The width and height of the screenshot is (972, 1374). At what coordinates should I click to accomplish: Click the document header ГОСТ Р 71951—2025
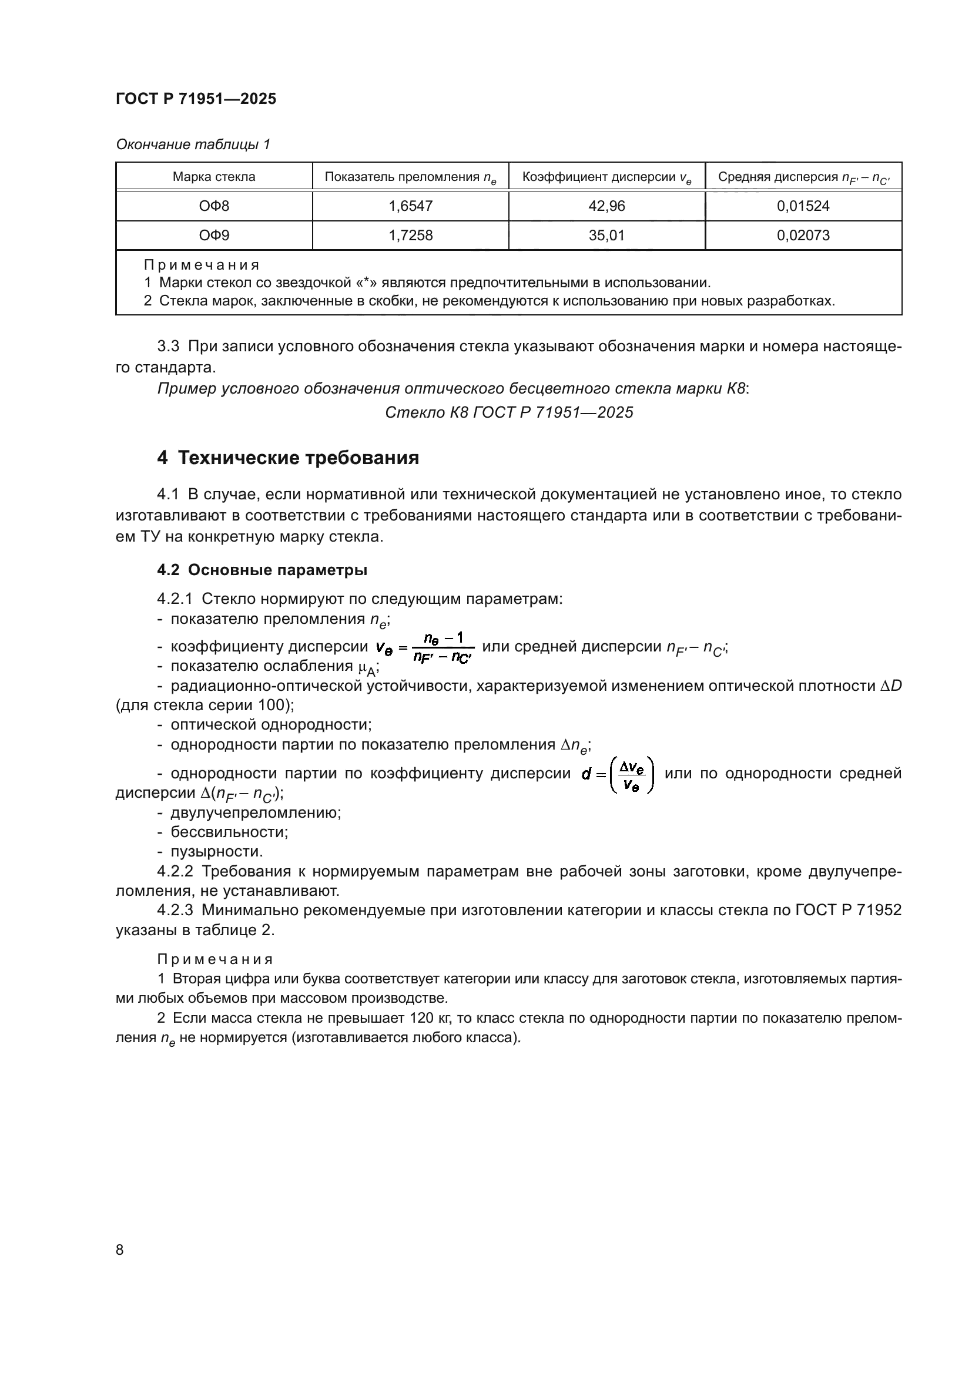[x=196, y=99]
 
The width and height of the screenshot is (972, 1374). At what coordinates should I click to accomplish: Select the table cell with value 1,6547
[x=410, y=206]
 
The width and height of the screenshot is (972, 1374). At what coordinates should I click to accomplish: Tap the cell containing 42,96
[x=606, y=206]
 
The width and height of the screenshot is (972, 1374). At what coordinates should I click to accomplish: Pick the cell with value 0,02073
[x=803, y=235]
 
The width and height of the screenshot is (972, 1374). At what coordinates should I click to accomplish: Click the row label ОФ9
[x=214, y=235]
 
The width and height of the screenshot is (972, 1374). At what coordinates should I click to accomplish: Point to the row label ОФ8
[x=214, y=206]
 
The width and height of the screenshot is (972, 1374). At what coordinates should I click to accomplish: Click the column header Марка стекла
[x=214, y=177]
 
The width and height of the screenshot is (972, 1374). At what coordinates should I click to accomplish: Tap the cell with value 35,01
[x=606, y=235]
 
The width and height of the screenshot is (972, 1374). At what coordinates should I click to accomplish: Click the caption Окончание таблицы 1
[x=193, y=145]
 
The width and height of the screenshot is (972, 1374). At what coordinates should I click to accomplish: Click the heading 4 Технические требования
[x=288, y=458]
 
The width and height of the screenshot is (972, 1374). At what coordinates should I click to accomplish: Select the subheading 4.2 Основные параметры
[x=262, y=570]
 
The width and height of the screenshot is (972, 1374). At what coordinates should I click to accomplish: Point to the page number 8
[x=120, y=1249]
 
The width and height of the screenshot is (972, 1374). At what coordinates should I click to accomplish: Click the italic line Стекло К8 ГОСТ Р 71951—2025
[x=509, y=412]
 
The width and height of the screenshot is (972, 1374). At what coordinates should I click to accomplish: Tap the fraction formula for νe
[x=425, y=647]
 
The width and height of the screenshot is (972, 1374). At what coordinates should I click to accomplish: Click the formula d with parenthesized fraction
[x=618, y=774]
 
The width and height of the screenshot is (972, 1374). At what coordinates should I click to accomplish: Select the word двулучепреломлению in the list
[x=256, y=812]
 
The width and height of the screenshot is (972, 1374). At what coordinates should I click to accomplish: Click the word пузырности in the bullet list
[x=216, y=851]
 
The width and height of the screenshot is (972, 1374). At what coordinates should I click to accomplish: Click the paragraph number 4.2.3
[x=175, y=909]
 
